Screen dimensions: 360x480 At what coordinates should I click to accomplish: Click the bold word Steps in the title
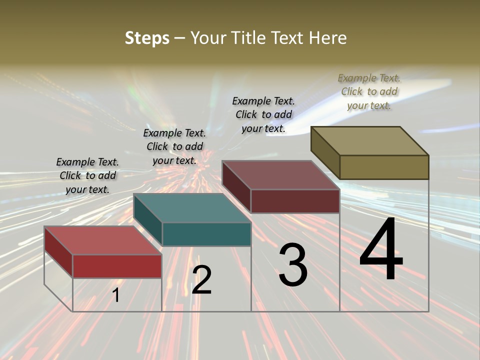click(147, 38)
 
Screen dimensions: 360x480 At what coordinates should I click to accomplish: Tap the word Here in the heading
click(327, 38)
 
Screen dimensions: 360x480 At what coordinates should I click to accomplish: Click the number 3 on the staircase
click(293, 265)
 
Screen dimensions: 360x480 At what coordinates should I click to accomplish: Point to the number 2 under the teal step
click(202, 280)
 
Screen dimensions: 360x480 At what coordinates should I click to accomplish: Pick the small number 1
click(116, 295)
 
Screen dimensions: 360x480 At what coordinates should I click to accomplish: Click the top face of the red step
click(102, 240)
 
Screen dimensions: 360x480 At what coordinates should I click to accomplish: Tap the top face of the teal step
click(192, 208)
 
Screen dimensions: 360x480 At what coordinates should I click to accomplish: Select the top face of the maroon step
click(281, 175)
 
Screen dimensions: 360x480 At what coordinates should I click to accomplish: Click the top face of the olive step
click(370, 141)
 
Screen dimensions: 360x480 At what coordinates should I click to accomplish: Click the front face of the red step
click(117, 266)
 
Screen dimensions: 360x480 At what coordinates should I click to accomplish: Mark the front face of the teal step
click(206, 234)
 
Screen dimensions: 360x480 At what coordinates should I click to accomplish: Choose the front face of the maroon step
click(295, 201)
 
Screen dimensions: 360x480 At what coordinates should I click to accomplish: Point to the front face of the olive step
click(384, 167)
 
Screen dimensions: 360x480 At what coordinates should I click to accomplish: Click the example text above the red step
click(87, 175)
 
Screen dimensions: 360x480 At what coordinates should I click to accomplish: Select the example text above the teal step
click(174, 146)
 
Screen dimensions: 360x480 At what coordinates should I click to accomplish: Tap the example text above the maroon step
click(263, 114)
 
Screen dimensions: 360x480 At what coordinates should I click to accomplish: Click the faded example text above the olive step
click(369, 91)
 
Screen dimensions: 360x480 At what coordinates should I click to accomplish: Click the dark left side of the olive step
click(325, 152)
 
